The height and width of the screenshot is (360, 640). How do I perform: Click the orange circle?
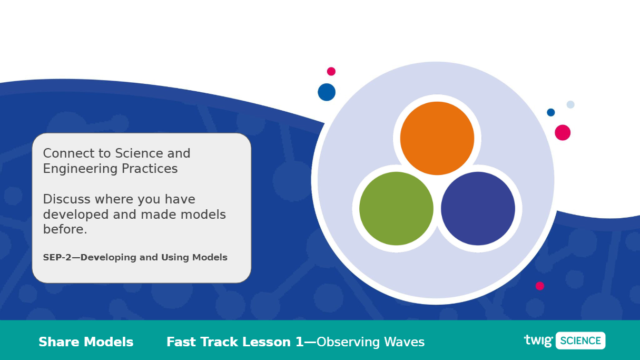point(437,138)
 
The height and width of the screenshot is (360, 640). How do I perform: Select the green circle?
point(396,208)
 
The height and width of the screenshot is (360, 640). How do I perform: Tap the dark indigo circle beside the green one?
point(478,208)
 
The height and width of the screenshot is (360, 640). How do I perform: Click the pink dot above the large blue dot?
point(331,71)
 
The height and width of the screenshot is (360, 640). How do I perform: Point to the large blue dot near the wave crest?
point(327,92)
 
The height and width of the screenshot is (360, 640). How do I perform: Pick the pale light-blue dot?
point(570,104)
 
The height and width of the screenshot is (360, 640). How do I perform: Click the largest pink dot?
point(563,133)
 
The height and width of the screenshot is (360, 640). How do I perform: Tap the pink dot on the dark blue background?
point(540,286)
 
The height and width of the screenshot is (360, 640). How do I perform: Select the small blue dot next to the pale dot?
point(551,112)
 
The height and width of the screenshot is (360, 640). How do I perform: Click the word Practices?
point(150,169)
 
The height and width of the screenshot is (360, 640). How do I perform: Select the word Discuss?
point(66,199)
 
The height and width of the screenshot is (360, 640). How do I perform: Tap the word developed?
point(76,215)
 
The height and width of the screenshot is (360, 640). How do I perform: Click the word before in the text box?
point(65,229)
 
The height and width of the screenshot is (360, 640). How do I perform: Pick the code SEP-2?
point(57,257)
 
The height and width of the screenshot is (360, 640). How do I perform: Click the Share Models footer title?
point(86,342)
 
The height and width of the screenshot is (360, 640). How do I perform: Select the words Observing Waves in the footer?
point(371,342)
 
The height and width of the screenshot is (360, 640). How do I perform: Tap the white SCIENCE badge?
point(580,340)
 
